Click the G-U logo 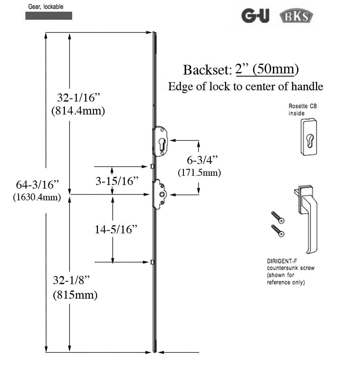click(x=255, y=16)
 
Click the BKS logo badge click(x=296, y=17)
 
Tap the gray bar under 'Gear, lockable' click(x=49, y=16)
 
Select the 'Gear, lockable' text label click(x=46, y=7)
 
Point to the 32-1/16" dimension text click(x=78, y=98)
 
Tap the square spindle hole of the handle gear click(x=162, y=195)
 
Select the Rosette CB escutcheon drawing click(x=308, y=137)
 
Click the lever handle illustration click(x=308, y=218)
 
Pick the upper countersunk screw click(x=278, y=217)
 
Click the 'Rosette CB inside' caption click(x=302, y=110)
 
